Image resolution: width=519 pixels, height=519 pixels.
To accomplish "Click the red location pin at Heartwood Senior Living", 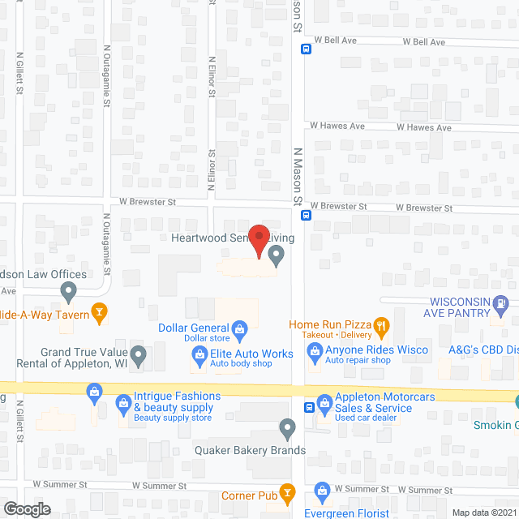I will (258, 240).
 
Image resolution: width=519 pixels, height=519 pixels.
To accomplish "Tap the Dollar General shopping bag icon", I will (240, 328).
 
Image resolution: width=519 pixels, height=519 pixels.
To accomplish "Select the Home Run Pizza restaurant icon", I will (383, 327).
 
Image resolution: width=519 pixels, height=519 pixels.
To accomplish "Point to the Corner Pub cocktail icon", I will (287, 492).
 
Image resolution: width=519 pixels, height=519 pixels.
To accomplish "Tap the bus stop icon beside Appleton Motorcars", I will (309, 407).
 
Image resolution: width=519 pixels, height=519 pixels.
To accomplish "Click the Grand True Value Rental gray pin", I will (139, 354).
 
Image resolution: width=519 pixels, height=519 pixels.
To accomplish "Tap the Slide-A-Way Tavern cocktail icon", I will (100, 310).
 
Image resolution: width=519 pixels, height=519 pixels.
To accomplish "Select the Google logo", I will (26, 508).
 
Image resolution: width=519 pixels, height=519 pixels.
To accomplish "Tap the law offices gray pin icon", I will (68, 290).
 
